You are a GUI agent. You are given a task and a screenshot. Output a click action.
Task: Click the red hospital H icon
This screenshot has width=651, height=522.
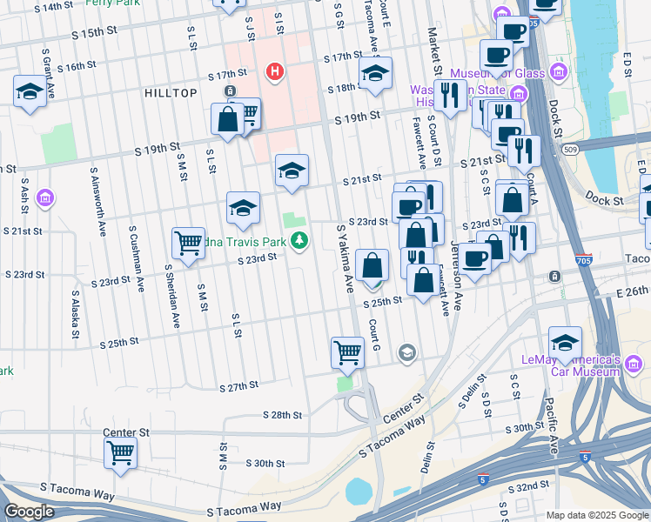point(275,70)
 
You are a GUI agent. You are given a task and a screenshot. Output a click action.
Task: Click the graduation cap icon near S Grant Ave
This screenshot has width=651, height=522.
point(30,92)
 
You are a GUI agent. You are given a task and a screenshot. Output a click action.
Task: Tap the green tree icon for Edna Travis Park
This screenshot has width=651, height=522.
point(299,240)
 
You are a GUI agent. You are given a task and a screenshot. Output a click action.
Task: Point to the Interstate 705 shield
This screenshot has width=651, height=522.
point(584,260)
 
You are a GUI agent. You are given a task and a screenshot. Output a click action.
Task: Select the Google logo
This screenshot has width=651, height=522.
point(29,512)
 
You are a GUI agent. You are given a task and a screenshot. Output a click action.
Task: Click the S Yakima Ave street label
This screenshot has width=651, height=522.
point(345,258)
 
